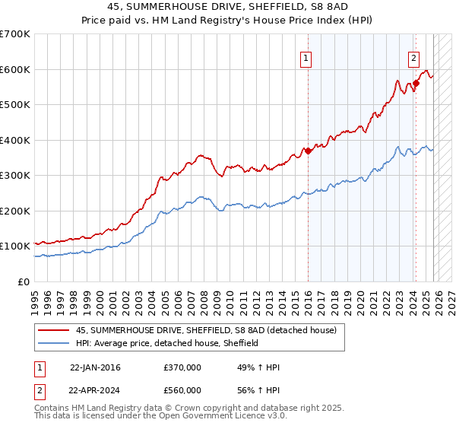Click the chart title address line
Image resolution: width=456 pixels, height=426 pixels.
point(228,7)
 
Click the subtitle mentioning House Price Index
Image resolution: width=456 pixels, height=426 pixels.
point(228,20)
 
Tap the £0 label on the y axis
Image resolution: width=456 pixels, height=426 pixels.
point(24,281)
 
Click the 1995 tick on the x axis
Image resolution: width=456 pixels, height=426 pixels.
point(35,297)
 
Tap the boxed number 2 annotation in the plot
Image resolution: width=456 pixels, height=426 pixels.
point(413,57)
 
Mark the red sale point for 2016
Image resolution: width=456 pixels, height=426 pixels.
point(308,151)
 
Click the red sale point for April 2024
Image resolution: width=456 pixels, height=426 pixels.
point(416,84)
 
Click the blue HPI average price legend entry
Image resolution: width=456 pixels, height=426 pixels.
point(167,343)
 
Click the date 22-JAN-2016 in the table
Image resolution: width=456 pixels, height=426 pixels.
point(95,367)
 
